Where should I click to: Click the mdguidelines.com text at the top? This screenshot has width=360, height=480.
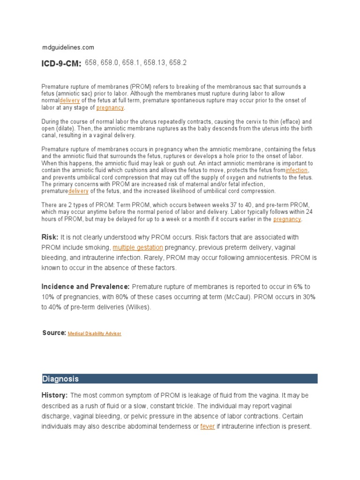[x=68, y=47]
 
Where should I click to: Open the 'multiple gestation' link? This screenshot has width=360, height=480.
[x=138, y=247]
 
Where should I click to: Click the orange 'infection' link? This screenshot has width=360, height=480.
[x=297, y=170]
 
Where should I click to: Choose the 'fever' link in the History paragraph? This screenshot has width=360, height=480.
[x=207, y=427]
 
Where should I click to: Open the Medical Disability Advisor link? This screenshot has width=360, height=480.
[x=94, y=333]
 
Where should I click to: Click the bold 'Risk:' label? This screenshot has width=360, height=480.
[x=50, y=237]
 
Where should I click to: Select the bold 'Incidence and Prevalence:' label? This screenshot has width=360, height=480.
[x=86, y=286]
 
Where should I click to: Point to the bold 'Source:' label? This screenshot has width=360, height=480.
[x=54, y=333]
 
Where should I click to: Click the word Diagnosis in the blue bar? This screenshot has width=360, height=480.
[x=61, y=379]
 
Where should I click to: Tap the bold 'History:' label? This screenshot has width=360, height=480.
[x=55, y=396]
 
